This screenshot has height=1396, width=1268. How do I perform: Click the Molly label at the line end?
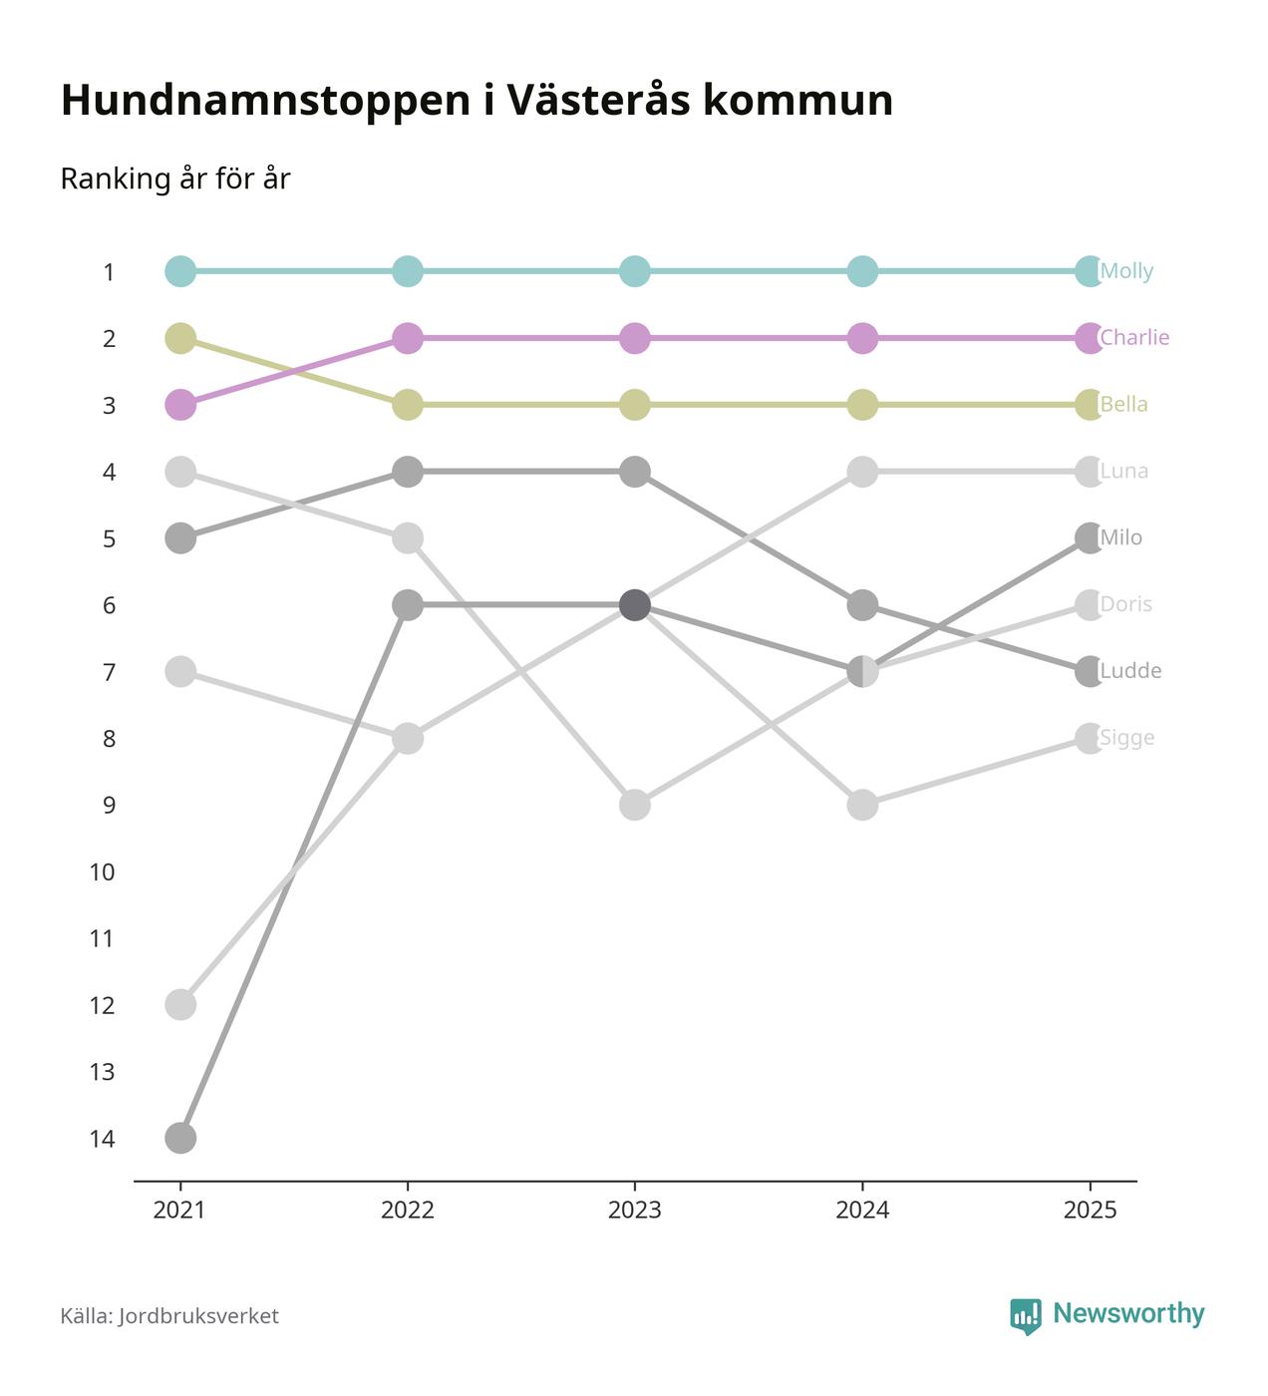(x=1126, y=271)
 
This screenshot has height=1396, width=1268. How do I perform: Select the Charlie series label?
(x=1133, y=338)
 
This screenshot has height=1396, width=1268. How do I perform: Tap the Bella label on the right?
(x=1123, y=405)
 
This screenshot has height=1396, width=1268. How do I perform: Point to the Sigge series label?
(x=1126, y=738)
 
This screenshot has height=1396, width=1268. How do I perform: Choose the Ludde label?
(x=1130, y=671)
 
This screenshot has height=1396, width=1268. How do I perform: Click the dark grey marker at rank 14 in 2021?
(x=180, y=1138)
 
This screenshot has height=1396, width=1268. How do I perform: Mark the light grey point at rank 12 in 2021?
(x=180, y=1004)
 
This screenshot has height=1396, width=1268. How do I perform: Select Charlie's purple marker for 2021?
(x=180, y=405)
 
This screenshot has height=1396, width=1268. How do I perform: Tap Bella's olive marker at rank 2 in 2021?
(x=180, y=338)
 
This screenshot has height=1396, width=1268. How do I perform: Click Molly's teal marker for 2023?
(x=635, y=271)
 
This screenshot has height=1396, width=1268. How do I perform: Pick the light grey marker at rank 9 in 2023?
(x=635, y=805)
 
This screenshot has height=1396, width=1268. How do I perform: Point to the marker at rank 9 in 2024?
(x=862, y=805)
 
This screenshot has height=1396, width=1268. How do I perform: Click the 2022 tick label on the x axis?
(x=408, y=1211)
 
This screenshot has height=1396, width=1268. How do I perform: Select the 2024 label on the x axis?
(x=862, y=1211)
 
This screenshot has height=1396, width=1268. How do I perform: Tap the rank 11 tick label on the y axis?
(x=102, y=938)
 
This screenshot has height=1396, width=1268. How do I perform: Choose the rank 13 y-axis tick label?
(x=102, y=1072)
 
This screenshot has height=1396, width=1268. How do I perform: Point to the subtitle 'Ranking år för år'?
(x=175, y=179)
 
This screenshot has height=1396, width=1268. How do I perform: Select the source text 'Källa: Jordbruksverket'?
(x=169, y=1316)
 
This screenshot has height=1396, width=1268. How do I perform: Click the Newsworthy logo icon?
(x=1025, y=1316)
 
